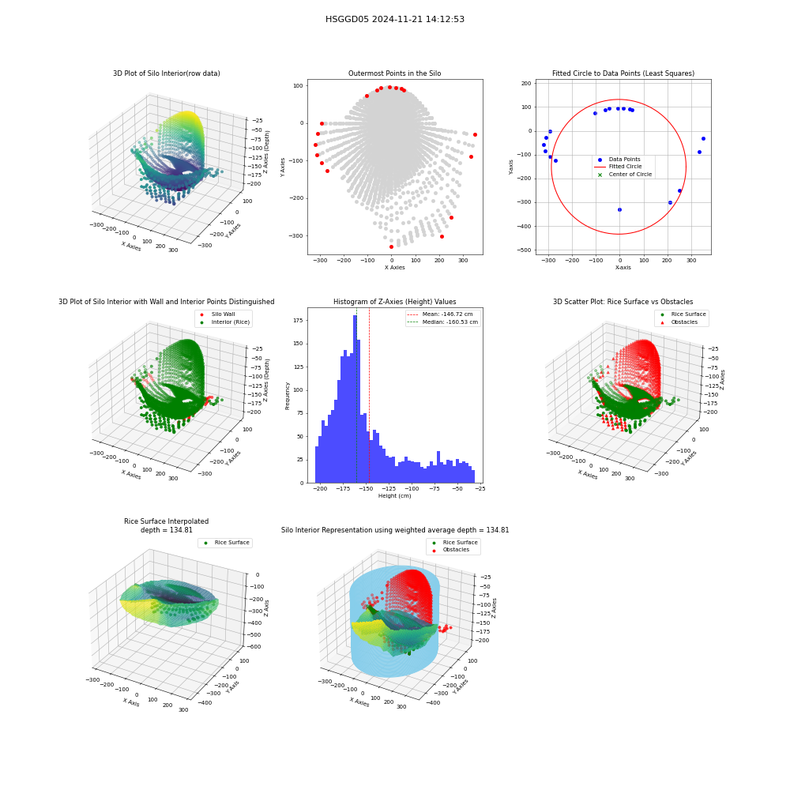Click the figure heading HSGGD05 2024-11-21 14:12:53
click(394, 19)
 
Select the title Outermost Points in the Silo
click(394, 73)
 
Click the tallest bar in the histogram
click(355, 399)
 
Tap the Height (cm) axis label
click(394, 496)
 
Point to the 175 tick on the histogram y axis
click(299, 321)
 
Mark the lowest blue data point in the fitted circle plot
click(619, 209)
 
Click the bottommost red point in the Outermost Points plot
click(392, 246)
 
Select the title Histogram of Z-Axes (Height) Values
click(394, 302)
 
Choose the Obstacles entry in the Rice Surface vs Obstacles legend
click(683, 322)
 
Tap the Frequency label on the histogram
click(288, 396)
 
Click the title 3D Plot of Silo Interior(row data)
click(166, 73)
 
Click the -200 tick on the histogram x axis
click(320, 489)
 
